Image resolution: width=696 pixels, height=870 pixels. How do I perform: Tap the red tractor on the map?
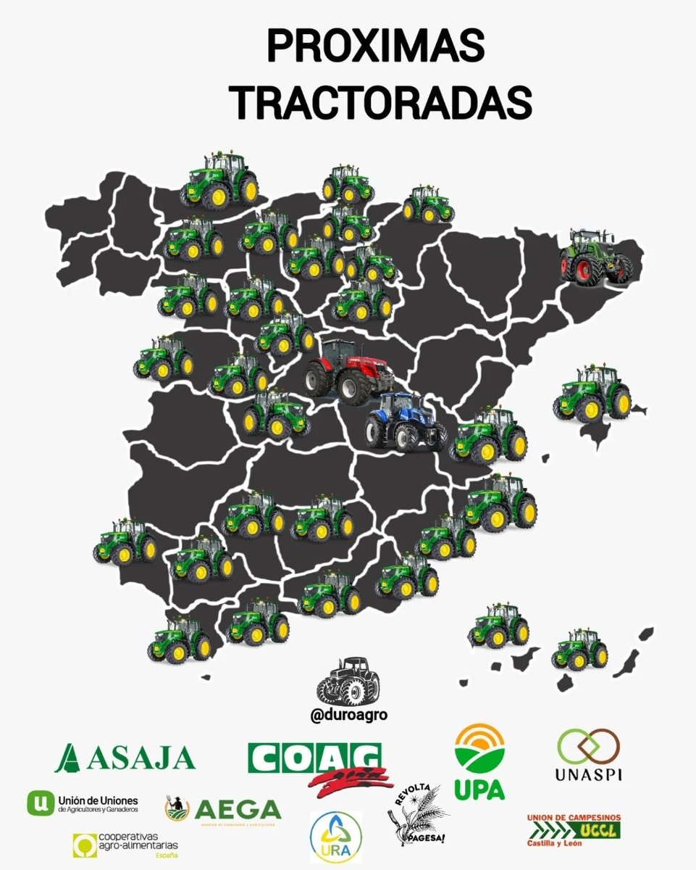(x=348, y=370)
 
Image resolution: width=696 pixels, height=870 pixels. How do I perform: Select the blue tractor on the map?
(x=405, y=422)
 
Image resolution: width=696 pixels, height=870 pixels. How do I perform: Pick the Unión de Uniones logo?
(x=81, y=803)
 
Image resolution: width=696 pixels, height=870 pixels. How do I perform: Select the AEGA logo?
(x=222, y=809)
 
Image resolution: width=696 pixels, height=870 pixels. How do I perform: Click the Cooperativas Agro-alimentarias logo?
(x=125, y=845)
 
